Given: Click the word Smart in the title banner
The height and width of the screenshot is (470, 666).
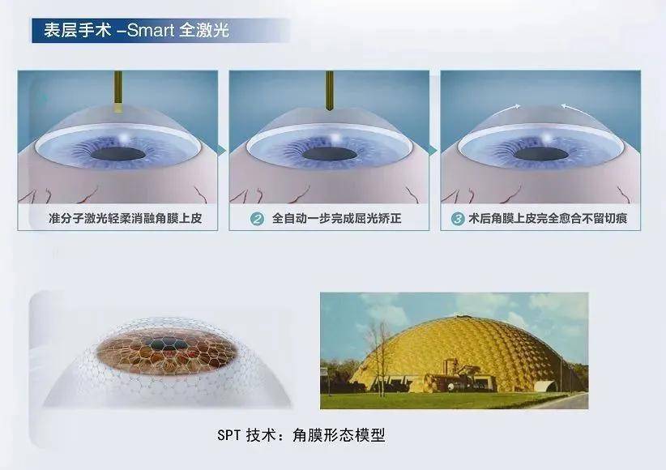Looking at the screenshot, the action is coord(151,30).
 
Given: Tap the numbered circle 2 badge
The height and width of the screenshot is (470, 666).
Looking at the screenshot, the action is coord(257,219).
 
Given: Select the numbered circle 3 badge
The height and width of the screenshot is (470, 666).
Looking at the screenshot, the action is coord(458,219).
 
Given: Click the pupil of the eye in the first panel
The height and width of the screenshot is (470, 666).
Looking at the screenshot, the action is coord(118,154).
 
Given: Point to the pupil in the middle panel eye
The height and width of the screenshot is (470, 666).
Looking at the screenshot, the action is coord(330,154).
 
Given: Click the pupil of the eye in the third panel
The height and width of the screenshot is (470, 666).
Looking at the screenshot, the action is coord(540,154).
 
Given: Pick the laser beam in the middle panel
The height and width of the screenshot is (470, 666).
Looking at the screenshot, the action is coord(329,91).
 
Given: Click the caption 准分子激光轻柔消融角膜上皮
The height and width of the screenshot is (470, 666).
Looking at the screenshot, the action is coord(126,219).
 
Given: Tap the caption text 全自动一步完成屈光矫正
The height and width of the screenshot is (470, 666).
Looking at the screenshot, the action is coord(336,219).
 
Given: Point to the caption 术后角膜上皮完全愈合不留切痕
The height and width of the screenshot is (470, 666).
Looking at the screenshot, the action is coord(548,219).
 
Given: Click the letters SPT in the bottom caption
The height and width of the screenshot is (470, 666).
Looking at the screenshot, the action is coord(229,435).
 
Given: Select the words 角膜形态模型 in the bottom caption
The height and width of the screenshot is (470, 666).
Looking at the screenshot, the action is coord(339,435).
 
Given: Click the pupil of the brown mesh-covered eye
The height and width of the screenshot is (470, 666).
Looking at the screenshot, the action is coord(169,344).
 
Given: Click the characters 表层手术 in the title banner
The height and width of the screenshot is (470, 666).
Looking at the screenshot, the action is coord(78,30).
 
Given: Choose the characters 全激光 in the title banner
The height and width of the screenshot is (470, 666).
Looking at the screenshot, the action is coord(204,30).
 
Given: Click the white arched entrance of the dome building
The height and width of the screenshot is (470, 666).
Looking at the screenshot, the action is coord(545,387).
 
